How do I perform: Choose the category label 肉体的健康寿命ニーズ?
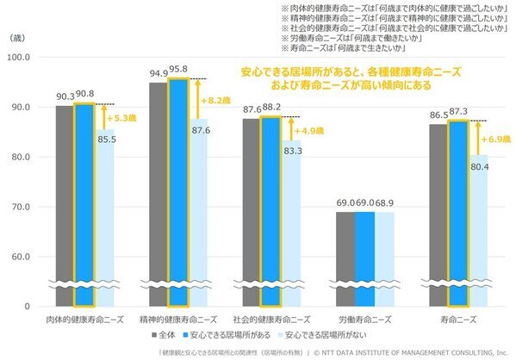click(x=84, y=319)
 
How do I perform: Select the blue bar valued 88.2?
click(x=271, y=211)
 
